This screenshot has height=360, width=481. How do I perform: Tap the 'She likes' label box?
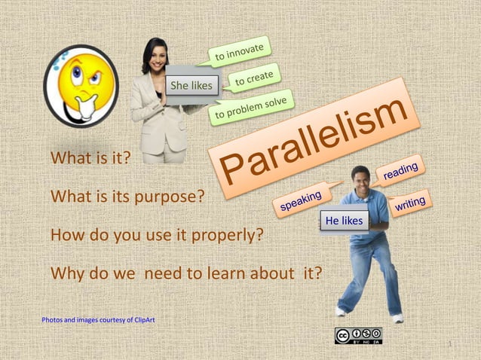coord(191,86)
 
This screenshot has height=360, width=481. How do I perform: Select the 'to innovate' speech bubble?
coord(239,52)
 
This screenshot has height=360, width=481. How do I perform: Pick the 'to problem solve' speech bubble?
coord(252,108)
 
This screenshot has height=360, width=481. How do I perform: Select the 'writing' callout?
coord(410,203)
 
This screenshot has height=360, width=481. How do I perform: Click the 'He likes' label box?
coord(345,221)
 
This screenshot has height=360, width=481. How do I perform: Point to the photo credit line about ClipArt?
coord(98,320)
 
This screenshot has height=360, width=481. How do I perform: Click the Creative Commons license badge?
coord(358,336)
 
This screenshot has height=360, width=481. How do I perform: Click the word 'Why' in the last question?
coord(66,273)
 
